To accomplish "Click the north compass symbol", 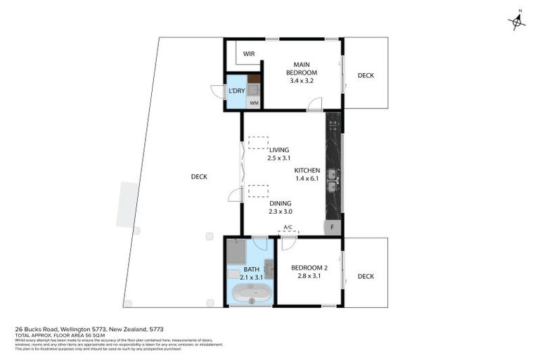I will pos(517,22).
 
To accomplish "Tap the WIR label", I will pos(249,53).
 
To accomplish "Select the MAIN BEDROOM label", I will pos(301,69).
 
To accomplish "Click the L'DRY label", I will pos(236,91).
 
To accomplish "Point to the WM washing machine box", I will pos(254,103).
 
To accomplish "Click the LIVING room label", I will pos(278,149).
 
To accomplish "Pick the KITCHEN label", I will pos(307,170).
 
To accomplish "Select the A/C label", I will pos(287,227).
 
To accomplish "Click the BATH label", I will pos(252,269).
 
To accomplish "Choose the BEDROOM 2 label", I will pos(309,268).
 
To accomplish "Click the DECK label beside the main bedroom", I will pos(366,75).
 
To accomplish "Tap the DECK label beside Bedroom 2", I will pos(366,276).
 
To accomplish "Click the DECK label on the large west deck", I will pos(199,176).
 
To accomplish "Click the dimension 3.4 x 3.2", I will pos(301,81).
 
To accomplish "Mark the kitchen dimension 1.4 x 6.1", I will pos(307,179).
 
